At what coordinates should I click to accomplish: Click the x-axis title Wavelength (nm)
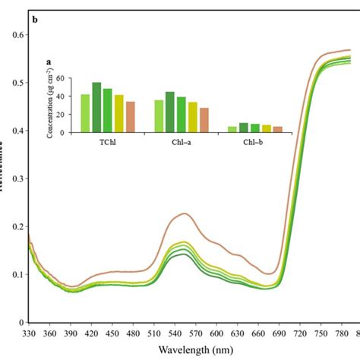pyautogui.click(x=191, y=350)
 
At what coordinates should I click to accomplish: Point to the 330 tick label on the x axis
pyautogui.click(x=30, y=333)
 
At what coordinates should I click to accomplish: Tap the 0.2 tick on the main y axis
pyautogui.click(x=16, y=226)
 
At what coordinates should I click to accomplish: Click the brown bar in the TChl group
pyautogui.click(x=130, y=117)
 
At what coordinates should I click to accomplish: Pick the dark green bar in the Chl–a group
pyautogui.click(x=170, y=112)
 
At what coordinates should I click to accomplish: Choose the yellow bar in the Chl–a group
pyautogui.click(x=192, y=117)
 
